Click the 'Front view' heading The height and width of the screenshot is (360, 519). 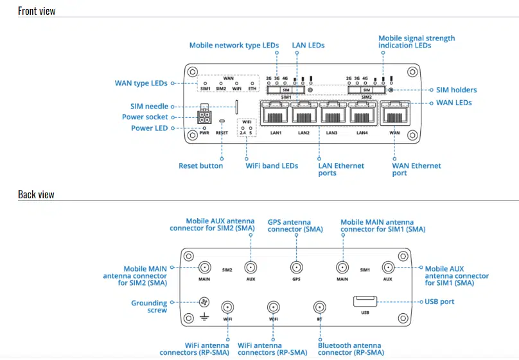pos(37,10)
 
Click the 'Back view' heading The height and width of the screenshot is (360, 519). pos(36,194)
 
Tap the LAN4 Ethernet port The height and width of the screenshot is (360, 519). pos(362,116)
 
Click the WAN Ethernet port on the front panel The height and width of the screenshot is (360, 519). pos(395,116)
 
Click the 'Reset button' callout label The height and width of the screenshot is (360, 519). pos(200,166)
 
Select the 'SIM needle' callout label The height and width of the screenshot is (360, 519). pos(149,107)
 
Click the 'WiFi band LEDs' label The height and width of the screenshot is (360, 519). pos(272,166)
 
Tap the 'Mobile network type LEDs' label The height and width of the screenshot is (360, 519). pos(234,46)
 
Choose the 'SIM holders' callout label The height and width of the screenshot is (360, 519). pos(456,90)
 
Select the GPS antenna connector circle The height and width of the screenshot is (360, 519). pos(296,268)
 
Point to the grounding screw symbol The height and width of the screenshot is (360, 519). pos(205,302)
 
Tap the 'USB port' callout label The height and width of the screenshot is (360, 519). pos(439,301)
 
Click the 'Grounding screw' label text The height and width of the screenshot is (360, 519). pos(149,306)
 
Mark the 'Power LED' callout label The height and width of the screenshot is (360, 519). pos(149,128)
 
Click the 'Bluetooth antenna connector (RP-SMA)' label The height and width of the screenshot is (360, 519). pos(351,348)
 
